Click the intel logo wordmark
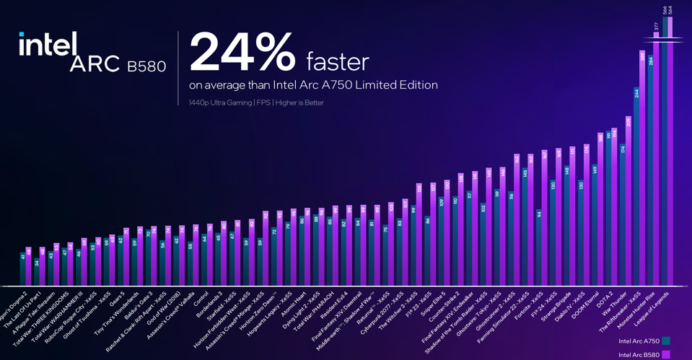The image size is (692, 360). (x=48, y=45)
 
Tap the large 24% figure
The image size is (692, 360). (x=242, y=52)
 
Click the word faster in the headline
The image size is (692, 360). (x=337, y=61)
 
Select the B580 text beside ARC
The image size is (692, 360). (x=146, y=67)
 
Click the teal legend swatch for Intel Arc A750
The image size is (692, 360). (x=666, y=341)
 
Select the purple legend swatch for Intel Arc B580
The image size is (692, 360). (x=666, y=354)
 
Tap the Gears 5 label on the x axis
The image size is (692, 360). (x=117, y=298)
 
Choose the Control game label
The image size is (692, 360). (x=201, y=298)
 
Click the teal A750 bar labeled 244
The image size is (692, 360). (x=636, y=188)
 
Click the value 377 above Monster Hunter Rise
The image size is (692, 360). (x=656, y=26)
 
